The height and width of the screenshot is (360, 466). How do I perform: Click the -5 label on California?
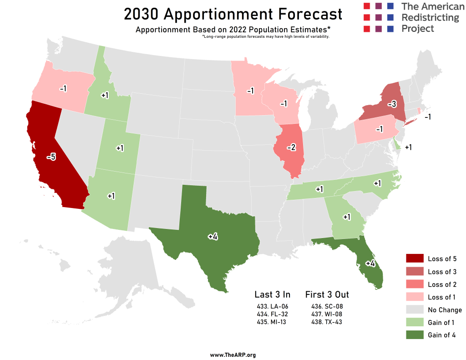coord(51,157)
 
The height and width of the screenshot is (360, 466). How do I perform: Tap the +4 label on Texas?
coord(213,236)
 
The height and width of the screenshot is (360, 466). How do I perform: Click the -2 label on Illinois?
coord(292,148)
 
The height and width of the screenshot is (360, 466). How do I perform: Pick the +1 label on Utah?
coord(120,148)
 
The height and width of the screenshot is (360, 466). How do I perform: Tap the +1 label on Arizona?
coord(111,196)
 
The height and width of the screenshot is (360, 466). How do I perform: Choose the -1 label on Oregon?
coord(63,88)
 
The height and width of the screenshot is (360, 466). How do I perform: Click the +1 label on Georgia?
coord(347,217)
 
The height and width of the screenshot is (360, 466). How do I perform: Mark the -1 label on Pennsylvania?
coord(380,129)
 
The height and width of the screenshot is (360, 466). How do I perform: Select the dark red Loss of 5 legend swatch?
coord(415,259)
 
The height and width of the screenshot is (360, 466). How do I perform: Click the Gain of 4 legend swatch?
coord(415,335)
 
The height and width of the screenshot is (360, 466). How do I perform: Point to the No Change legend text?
coord(445,310)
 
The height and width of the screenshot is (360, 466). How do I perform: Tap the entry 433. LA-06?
coord(272,306)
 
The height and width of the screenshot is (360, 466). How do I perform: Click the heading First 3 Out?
coord(327,294)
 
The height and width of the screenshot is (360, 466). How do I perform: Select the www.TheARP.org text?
coord(233,355)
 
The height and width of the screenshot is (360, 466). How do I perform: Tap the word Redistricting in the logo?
coord(430,18)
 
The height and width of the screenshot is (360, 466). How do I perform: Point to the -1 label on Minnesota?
coord(250,91)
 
